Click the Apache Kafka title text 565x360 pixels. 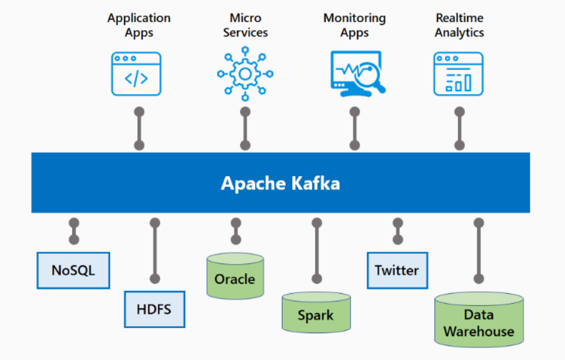280,183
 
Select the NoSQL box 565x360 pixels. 74,270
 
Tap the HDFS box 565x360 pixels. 154,310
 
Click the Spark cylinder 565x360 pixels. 316,314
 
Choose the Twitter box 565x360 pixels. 397,270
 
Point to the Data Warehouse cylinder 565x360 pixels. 479,320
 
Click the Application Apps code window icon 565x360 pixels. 136,74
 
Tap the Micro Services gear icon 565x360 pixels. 245,74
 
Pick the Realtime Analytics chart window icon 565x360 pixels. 458,74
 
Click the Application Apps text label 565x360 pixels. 139,25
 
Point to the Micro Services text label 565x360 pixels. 245,25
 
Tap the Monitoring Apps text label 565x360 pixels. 354,25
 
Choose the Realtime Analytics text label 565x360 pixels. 460,25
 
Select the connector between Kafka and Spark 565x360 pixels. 317,250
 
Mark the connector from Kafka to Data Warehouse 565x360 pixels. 479,251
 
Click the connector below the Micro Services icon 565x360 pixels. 245,129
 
